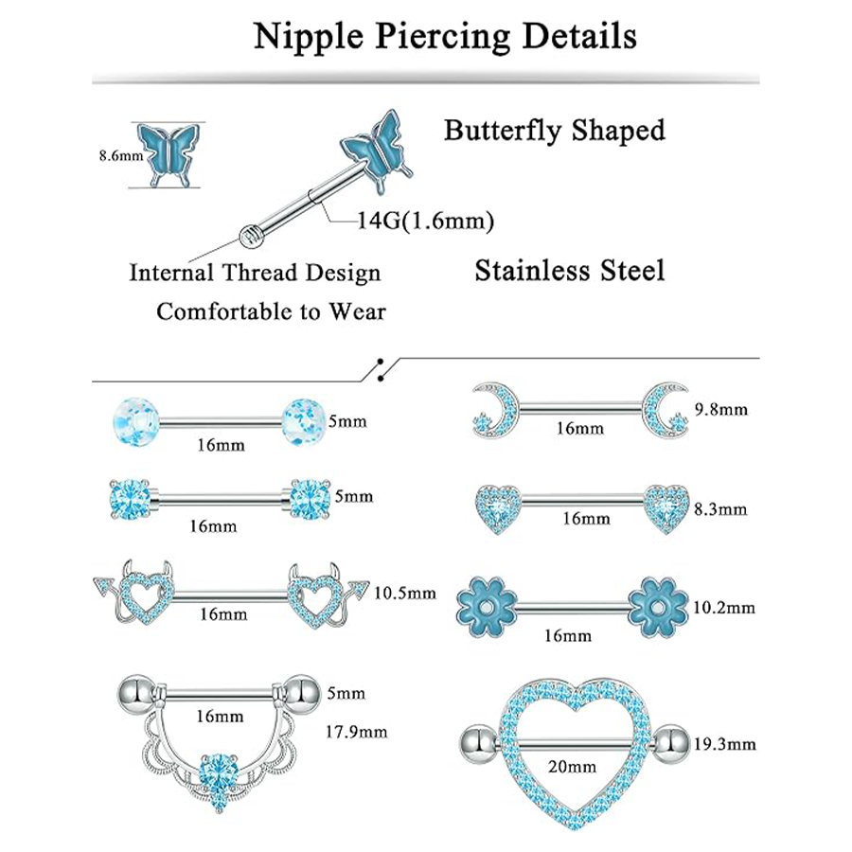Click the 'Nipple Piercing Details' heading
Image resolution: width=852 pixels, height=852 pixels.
pos(445,37)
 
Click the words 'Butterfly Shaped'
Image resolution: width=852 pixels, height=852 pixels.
pos(554,130)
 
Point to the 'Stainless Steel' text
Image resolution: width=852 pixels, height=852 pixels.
pos(569,272)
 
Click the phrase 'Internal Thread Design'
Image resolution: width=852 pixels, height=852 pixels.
pos(255,274)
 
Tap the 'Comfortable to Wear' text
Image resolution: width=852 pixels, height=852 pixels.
pos(271,311)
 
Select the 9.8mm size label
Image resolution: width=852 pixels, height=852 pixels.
pos(721,409)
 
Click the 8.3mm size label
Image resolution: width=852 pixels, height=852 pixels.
pos(721,509)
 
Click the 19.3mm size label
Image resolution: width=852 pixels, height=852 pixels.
pos(731,744)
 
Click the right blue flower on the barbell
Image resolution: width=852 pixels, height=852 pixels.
pos(658,603)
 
